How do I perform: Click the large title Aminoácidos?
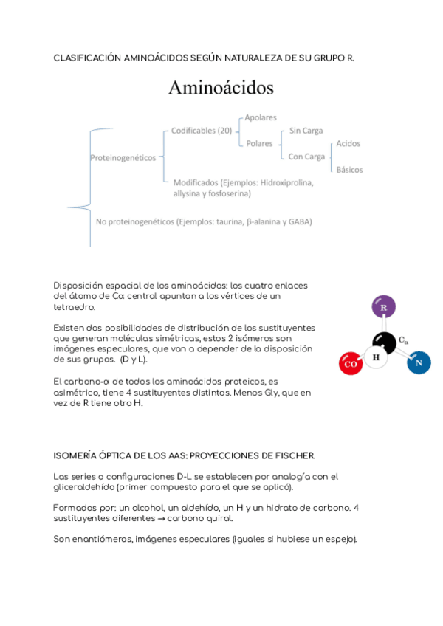point(221,88)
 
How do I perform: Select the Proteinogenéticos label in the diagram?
point(123,157)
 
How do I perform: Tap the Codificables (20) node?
point(202,131)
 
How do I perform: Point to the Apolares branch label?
point(261,117)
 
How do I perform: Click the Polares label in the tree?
point(259,143)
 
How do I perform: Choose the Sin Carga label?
point(306,131)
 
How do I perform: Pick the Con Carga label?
point(306,156)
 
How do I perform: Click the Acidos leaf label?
point(348,143)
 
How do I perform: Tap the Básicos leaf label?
point(349,170)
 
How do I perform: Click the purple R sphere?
point(383,307)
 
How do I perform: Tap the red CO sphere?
point(351,363)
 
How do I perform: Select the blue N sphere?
point(418,362)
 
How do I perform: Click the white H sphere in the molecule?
point(377,358)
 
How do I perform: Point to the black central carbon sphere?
point(384,341)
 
